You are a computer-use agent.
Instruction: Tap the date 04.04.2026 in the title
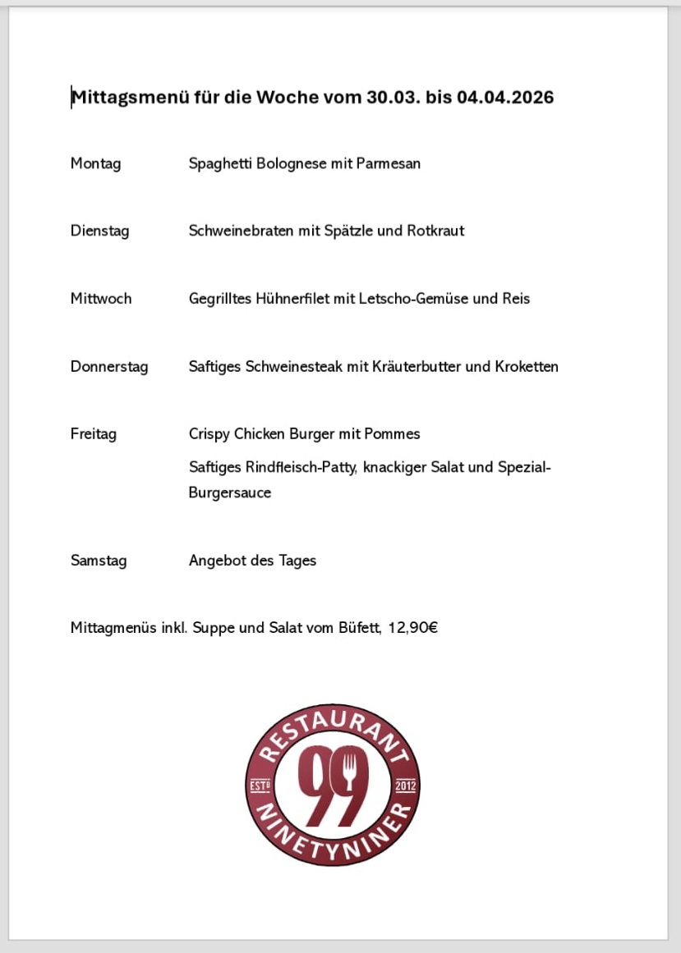point(505,98)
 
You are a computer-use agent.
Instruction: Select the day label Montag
point(95,163)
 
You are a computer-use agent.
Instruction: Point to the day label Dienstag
point(99,231)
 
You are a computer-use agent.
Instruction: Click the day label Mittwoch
point(101,298)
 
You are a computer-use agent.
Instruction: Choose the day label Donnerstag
point(109,366)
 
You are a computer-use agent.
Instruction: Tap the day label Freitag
point(94,433)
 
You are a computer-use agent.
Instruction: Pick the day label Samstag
point(99,561)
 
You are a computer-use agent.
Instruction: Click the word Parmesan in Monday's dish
point(388,163)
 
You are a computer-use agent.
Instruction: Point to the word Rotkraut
point(435,231)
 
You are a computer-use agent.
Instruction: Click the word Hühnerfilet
point(289,298)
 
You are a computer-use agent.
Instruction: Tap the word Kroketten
point(527,366)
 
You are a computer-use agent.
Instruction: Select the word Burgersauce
point(230,493)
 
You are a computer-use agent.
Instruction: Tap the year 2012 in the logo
point(406,786)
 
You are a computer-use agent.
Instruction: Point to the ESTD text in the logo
point(260,786)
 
